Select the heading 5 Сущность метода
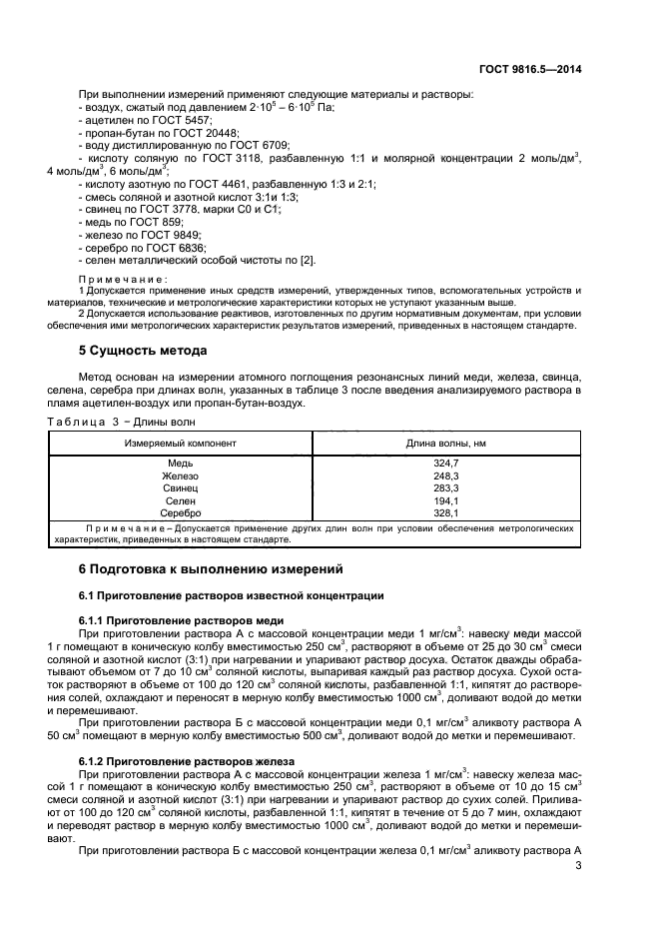pos(143,351)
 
